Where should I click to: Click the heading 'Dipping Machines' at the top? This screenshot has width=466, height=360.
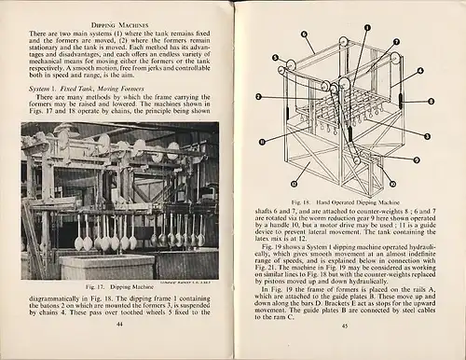[120, 21]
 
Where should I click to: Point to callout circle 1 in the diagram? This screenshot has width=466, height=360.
[353, 27]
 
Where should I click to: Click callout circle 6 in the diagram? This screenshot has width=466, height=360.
[305, 35]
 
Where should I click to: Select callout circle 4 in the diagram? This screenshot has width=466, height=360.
[419, 70]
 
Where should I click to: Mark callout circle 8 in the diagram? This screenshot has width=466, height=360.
[430, 102]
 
